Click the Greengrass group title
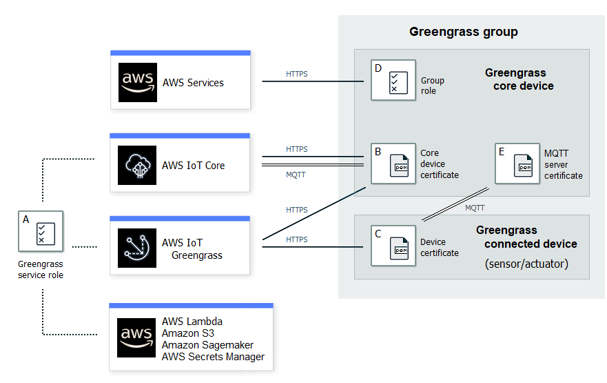coord(463,32)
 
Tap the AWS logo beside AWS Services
coord(137,83)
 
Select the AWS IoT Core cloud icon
coord(137,166)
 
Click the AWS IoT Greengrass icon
coord(137,248)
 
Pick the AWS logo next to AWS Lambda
coord(137,337)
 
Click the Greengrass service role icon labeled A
coord(41,233)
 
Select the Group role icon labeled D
coord(393,81)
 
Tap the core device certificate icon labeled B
coord(393,164)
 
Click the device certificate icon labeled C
coord(393,246)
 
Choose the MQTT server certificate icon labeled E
coord(518,164)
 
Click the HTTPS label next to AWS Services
coord(296,74)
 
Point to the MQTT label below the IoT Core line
coord(296,175)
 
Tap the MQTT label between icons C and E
coord(475,208)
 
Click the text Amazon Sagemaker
coord(207,345)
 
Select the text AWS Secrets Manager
coord(213,357)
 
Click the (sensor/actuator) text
coord(526,264)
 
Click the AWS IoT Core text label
coord(193,166)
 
